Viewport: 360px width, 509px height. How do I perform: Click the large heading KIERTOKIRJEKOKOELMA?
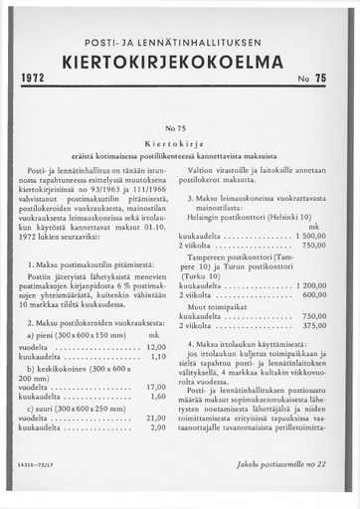pos(179,62)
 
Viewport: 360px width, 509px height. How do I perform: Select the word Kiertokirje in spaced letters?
pos(180,144)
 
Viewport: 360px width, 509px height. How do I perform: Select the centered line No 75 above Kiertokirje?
pos(180,130)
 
